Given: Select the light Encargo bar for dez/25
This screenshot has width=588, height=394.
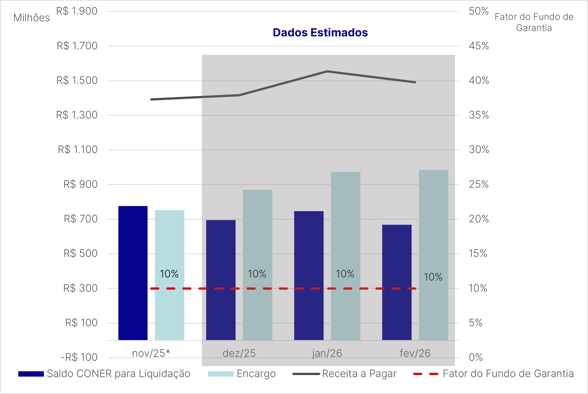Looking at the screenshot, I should coord(257,265).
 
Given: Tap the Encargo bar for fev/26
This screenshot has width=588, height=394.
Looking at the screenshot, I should coord(433,255).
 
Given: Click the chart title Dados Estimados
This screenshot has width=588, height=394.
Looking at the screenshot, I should coord(320,33).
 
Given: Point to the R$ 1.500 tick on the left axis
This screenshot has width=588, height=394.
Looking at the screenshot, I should coord(77,80).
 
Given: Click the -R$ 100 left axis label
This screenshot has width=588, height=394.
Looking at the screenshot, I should coord(79,357).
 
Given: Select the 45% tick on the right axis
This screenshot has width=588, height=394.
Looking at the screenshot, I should coord(479,46).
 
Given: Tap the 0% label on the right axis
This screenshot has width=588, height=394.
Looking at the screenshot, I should coord(475,357).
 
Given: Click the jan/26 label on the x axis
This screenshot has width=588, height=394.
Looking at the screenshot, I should coord(327,353).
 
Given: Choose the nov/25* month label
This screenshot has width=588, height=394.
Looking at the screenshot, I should coord(151,353).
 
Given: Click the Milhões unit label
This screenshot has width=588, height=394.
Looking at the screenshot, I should coord(32,18).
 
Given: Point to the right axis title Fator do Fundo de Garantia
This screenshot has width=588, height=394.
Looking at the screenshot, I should coord(534,22).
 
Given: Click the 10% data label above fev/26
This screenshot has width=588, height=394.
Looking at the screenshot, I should coord(433,277).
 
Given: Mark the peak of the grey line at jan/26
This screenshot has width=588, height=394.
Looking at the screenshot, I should coord(327,71).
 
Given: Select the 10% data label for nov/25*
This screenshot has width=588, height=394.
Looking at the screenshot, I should coord(169,274).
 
